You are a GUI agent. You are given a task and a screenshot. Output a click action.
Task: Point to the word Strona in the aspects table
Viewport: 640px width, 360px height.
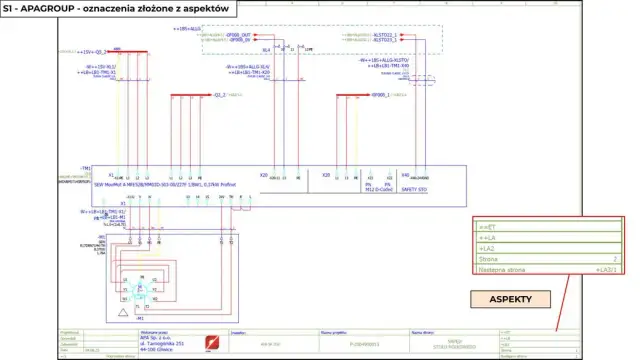489,259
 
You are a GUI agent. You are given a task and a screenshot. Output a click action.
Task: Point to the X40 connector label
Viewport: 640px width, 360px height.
405,174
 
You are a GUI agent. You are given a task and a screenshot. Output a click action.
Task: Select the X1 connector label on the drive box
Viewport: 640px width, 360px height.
111,174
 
